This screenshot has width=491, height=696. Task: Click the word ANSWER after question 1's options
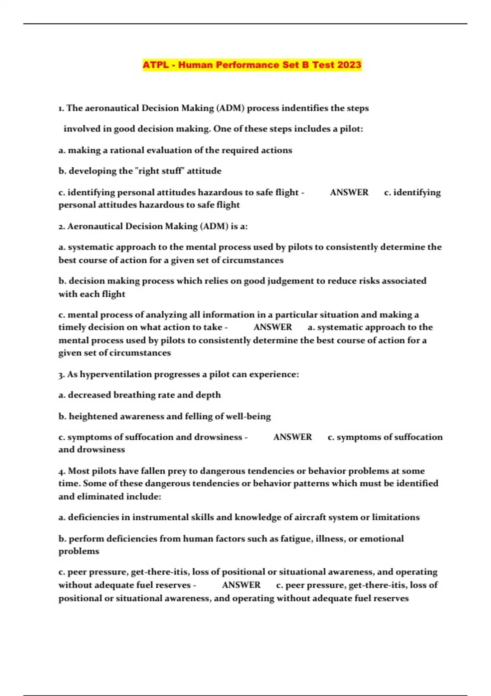point(349,192)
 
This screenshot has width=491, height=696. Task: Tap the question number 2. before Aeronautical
point(62,226)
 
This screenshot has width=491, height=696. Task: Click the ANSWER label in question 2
point(273,327)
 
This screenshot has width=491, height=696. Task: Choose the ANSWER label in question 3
point(292,437)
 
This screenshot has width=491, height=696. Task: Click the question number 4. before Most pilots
point(62,471)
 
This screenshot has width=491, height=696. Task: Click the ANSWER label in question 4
point(241,585)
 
